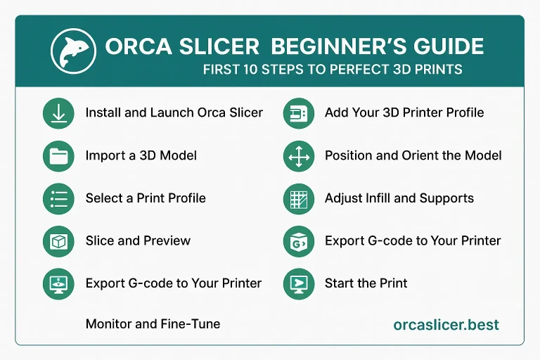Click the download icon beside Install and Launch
click(x=58, y=113)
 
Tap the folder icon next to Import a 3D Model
click(x=58, y=156)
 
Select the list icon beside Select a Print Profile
click(x=58, y=198)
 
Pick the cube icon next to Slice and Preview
click(x=58, y=241)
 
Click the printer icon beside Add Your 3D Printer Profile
click(x=297, y=113)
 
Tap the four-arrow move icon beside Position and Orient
click(x=297, y=156)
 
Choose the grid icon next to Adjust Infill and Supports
click(x=297, y=198)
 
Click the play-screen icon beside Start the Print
click(x=297, y=284)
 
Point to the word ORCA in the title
click(x=136, y=47)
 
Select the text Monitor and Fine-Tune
click(x=153, y=324)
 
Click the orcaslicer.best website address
click(x=446, y=325)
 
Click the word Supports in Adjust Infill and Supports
click(x=447, y=198)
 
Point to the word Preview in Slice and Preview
click(x=167, y=240)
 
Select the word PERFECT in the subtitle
click(x=369, y=70)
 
